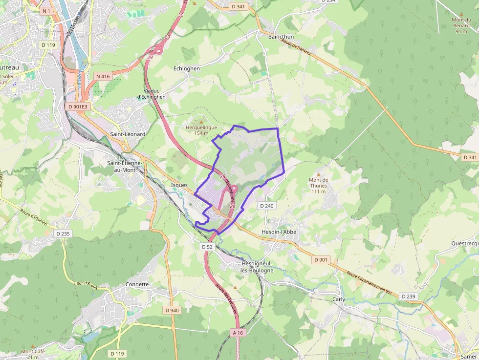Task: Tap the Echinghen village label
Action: [187, 69]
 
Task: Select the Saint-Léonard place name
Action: [128, 134]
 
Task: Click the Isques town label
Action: [179, 186]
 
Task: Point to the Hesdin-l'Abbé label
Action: [280, 232]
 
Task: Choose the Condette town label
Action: [137, 284]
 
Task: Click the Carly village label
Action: [339, 299]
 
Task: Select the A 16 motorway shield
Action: [238, 333]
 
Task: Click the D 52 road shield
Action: [207, 247]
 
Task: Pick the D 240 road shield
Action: [267, 206]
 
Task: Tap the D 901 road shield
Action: [321, 260]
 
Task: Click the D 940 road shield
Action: [172, 310]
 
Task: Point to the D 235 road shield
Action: [63, 234]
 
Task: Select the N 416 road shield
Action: [103, 76]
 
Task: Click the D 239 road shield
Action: [408, 296]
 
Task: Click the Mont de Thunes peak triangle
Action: [319, 174]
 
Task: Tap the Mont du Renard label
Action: [461, 22]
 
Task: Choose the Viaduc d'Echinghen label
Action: [152, 94]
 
